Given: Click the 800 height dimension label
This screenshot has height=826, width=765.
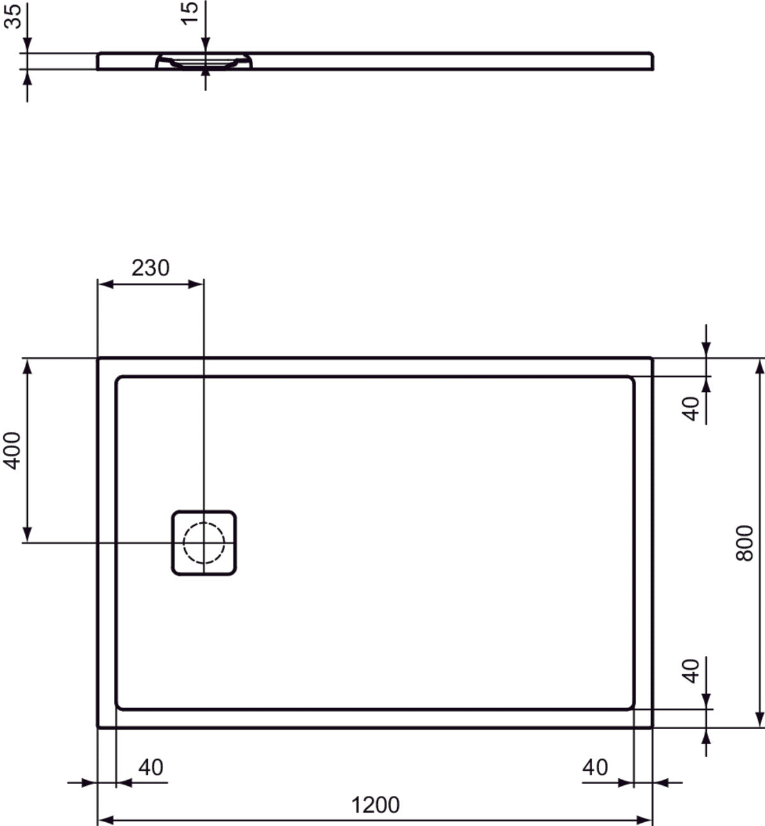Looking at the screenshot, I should [744, 542].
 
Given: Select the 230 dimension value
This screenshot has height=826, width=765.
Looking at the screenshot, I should [150, 268].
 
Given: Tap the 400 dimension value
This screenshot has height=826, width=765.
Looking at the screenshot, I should [13, 451].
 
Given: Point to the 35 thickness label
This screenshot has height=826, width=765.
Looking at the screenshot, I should [13, 16].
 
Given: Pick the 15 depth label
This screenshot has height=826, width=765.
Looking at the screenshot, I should [189, 12].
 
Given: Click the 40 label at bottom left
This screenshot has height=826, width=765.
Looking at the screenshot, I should [150, 767].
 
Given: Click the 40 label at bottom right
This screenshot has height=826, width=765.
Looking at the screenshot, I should [595, 767].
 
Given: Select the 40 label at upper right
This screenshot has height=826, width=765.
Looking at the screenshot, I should [692, 408].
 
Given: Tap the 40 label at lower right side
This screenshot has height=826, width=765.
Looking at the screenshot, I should [692, 670].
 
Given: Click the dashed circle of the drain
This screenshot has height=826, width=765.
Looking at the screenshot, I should [204, 542].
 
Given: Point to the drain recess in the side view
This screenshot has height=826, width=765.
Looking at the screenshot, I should [204, 62].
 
